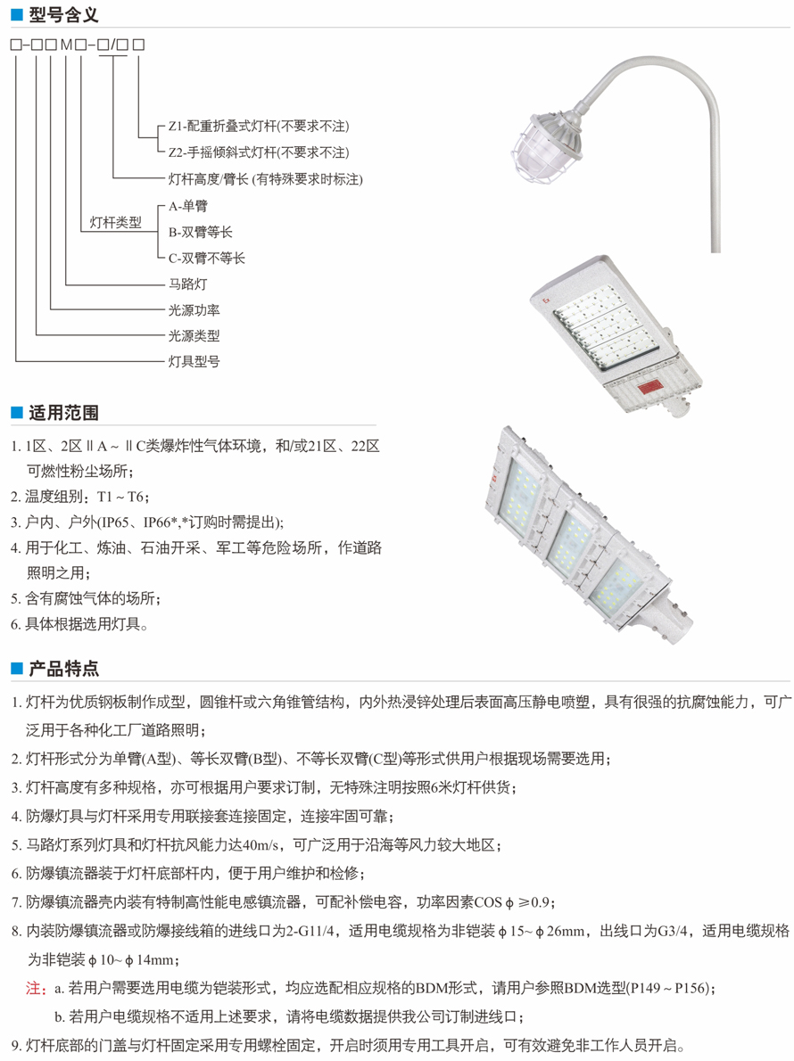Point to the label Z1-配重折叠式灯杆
click(x=258, y=127)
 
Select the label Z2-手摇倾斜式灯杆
click(x=258, y=152)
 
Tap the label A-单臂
click(x=188, y=206)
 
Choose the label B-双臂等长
click(x=201, y=232)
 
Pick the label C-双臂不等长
click(x=207, y=258)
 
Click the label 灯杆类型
click(x=116, y=223)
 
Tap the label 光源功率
click(x=194, y=310)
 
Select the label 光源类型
click(x=194, y=336)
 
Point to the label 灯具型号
click(x=194, y=362)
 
